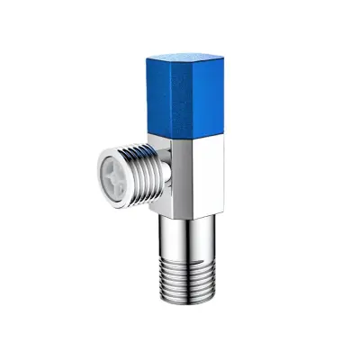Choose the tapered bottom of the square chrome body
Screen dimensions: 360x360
pos(187,212)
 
